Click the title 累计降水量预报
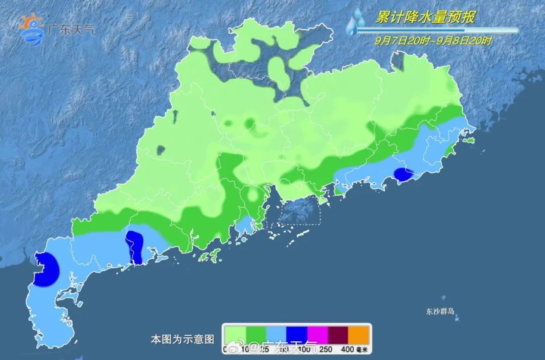click(x=425, y=18)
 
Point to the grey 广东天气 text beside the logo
click(x=70, y=29)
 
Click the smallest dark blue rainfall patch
click(x=403, y=175)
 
